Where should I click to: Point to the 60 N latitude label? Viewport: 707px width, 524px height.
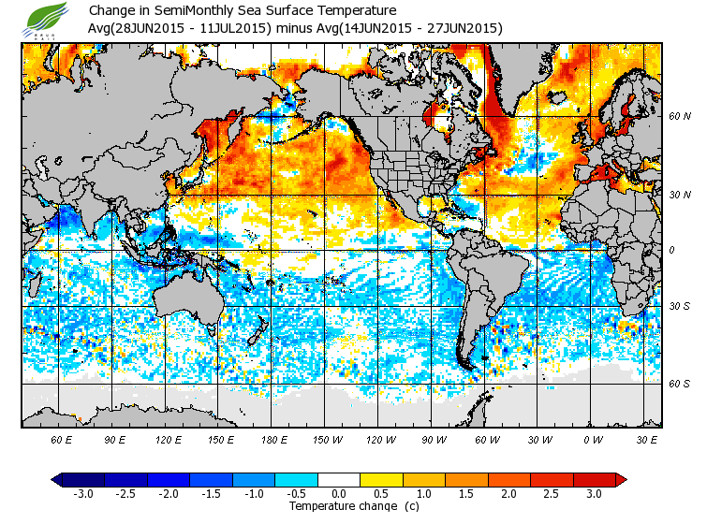coord(680,117)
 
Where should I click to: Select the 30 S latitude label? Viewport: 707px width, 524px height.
coord(680,307)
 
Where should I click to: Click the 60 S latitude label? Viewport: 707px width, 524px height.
coord(680,384)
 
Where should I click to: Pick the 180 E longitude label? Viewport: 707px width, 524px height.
coord(274,438)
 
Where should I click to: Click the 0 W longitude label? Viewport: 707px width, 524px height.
coord(593,438)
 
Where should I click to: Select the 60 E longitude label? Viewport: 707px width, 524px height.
coord(62,438)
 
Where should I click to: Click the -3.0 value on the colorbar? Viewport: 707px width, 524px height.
coord(84,494)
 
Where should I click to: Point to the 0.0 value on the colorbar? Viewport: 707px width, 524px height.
coord(340,494)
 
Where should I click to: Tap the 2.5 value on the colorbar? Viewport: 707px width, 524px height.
coord(552,494)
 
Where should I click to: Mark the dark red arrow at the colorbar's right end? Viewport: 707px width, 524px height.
coord(621,480)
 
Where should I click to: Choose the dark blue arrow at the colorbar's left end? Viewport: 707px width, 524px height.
coord(57,480)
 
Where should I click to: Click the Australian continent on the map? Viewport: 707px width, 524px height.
coord(187,299)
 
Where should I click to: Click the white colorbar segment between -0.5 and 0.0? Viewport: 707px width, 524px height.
coord(318,480)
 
